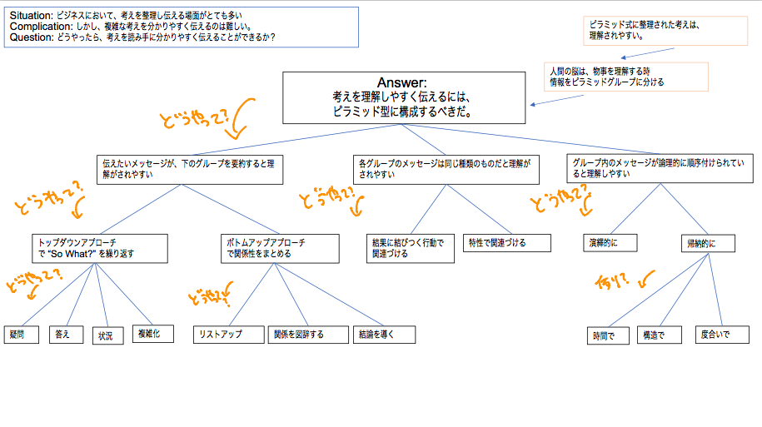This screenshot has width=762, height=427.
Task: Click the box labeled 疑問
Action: [x=21, y=335]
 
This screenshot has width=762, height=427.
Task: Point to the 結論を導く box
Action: [x=383, y=335]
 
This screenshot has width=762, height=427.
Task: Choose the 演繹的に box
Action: [x=610, y=242]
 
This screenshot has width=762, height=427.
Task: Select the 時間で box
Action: [x=608, y=336]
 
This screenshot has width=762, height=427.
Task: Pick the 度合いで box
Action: [x=717, y=335]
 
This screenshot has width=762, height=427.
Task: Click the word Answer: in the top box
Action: [x=403, y=83]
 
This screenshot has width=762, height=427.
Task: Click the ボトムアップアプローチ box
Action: [x=280, y=247]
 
